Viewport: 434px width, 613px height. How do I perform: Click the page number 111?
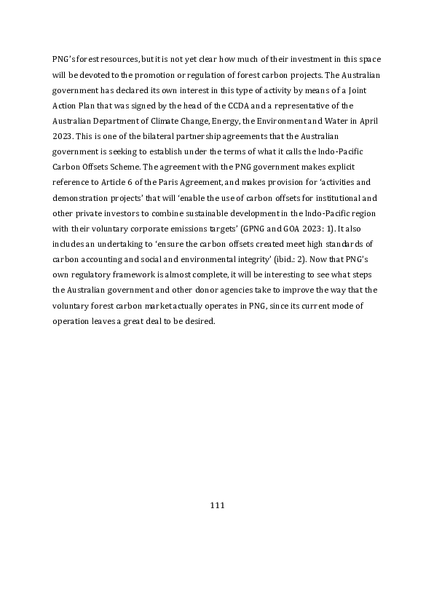pos(216,505)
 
